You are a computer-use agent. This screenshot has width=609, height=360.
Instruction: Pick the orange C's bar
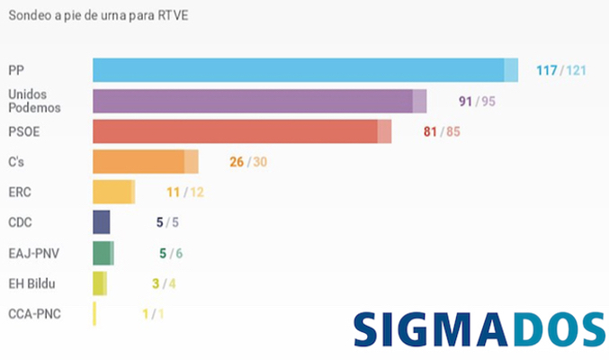(145, 162)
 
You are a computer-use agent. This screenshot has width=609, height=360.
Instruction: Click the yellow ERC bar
(113, 192)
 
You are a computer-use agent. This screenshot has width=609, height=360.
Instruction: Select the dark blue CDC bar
(102, 222)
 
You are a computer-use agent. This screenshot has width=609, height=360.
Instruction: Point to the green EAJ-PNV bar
(103, 253)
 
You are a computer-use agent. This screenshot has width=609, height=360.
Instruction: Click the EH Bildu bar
(99, 283)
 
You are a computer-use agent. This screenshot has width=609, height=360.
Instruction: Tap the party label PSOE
(24, 131)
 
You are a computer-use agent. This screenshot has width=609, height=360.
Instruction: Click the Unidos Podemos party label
(33, 101)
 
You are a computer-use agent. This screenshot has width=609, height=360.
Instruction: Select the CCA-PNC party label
(34, 314)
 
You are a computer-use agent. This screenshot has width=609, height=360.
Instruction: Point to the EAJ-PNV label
(34, 253)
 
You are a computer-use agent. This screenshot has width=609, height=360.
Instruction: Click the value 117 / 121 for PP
(561, 70)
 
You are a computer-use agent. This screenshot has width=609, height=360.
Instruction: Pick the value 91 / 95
(477, 101)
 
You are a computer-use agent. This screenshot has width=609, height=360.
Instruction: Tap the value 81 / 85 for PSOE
(442, 131)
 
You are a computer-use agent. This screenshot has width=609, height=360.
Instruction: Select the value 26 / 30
(248, 162)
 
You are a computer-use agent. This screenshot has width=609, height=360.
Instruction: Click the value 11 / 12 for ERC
(185, 193)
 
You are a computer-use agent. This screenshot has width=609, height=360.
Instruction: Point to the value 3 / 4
(163, 284)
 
